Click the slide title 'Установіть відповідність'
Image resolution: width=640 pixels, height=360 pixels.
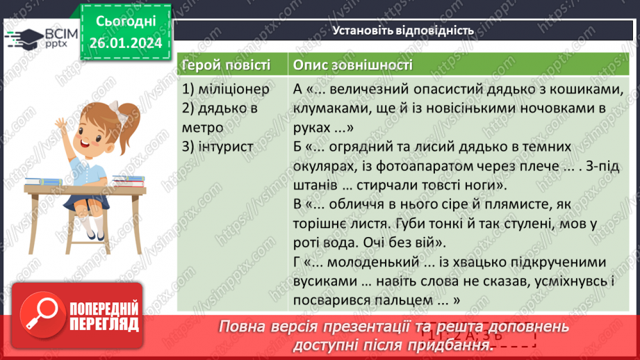click(403, 31)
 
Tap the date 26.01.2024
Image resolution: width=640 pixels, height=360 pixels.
click(124, 43)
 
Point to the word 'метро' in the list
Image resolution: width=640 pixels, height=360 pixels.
click(203, 127)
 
